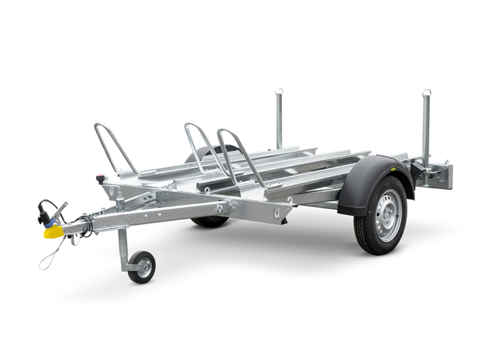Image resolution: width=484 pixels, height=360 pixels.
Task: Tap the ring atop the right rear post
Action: (427, 93)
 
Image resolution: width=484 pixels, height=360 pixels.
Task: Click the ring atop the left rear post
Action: (278, 92)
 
